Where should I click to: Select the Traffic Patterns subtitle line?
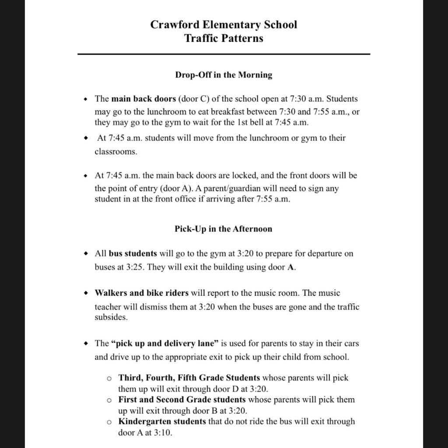point(224,38)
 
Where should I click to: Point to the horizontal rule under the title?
point(224,54)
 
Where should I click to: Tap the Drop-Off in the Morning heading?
point(224,75)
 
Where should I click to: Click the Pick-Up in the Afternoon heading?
point(224,229)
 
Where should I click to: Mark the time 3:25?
point(135,267)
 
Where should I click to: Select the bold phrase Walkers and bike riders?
point(142,293)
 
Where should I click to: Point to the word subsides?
point(111,317)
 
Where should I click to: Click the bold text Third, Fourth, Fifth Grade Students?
point(189,378)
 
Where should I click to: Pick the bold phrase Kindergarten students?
point(162,422)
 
